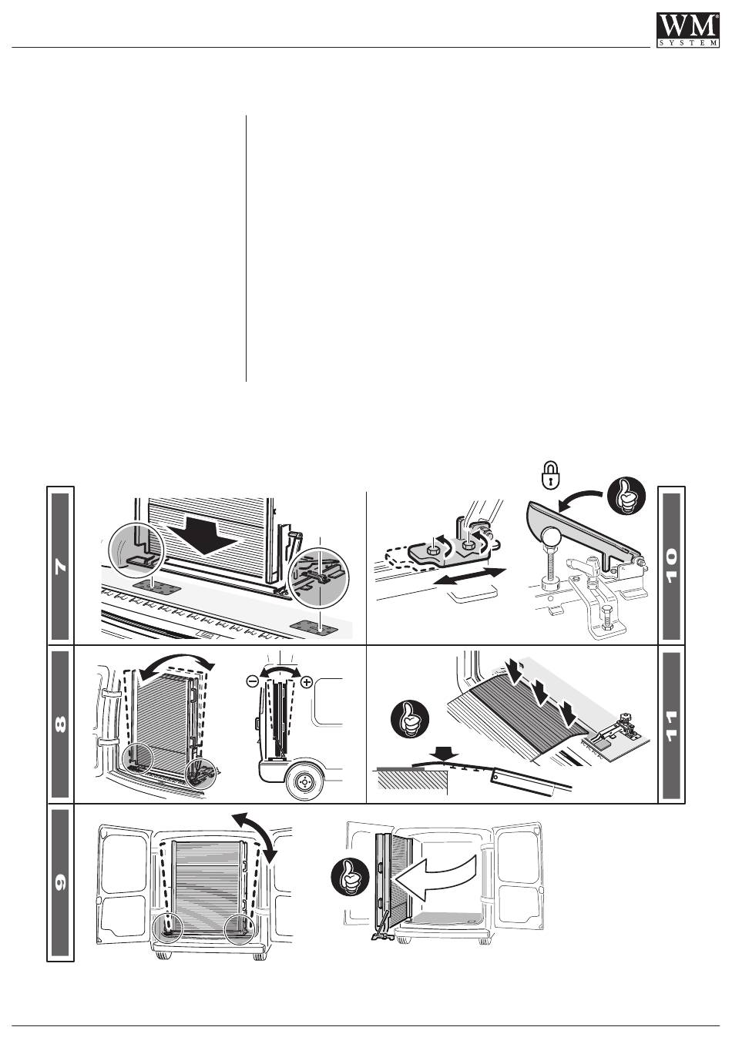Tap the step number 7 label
[61, 566]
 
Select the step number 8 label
[61, 724]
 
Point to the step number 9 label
[61, 882]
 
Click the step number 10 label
[670, 566]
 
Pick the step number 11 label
[670, 724]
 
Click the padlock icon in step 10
[549, 476]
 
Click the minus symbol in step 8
[252, 682]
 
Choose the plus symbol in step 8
[307, 682]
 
